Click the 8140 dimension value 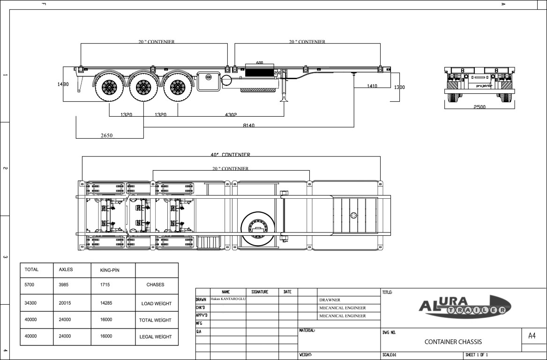point(248,125)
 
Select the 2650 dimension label point(106,135)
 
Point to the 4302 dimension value point(231,114)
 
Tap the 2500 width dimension point(479,107)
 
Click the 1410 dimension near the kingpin point(372,86)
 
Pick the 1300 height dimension point(399,87)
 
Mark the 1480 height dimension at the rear point(63,84)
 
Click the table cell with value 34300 point(30,303)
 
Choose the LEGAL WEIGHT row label point(156,337)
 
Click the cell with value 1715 point(106,285)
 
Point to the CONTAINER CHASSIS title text point(453,342)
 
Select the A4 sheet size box point(532,336)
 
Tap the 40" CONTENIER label point(230,155)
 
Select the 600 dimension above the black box point(259,63)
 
